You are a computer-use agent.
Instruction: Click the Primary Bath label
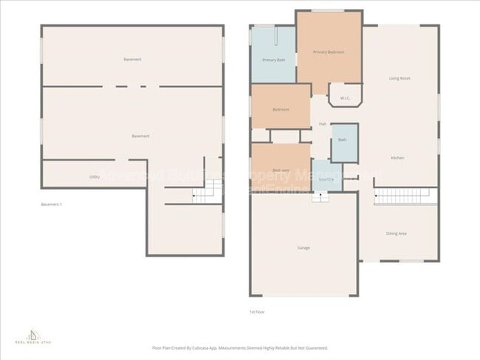click(273, 59)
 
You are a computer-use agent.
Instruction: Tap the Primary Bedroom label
click(329, 52)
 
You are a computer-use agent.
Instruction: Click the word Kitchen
click(397, 159)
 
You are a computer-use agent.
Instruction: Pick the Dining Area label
click(397, 233)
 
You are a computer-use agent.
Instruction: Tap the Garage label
click(304, 247)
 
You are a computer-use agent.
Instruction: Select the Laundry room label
click(326, 179)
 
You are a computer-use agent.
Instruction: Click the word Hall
click(323, 123)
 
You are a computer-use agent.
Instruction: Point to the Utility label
click(95, 177)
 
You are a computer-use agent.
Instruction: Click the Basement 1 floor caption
click(52, 204)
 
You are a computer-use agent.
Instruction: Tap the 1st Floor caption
click(257, 312)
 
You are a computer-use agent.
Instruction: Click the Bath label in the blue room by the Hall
click(343, 140)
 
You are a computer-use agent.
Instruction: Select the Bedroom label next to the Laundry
click(281, 170)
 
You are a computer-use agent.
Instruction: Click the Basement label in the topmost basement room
click(132, 59)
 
